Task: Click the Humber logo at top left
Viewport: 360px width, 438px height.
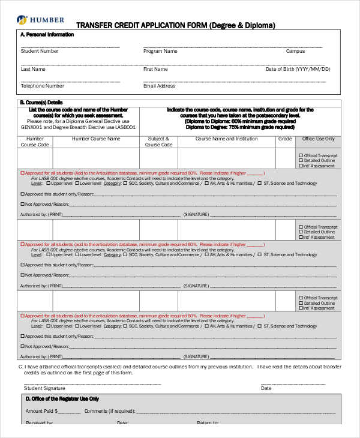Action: pos(41,19)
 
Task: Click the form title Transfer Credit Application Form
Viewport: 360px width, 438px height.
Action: pos(176,26)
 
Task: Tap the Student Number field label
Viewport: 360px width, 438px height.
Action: pos(40,52)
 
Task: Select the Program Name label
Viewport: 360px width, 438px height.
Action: pos(160,52)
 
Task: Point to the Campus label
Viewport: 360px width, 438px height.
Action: pos(295,52)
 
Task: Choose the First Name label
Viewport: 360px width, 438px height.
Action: pos(155,69)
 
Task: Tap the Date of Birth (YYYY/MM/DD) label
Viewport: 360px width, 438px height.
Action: pos(298,69)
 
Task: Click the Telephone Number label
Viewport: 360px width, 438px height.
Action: pos(42,86)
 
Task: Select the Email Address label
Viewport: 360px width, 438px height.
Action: pos(159,86)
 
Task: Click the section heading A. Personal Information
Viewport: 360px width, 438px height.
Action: pos(47,35)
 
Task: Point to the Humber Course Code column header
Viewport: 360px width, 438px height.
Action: pos(35,142)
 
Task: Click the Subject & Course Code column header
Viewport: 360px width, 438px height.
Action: pos(159,142)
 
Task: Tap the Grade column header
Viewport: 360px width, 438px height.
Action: pos(285,139)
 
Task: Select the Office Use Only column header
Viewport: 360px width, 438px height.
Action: pos(318,139)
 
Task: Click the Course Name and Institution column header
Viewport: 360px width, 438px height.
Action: pos(226,139)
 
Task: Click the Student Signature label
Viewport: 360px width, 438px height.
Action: pos(44,388)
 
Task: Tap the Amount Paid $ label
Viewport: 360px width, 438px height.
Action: pos(41,411)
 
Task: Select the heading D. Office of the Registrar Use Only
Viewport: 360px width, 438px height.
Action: pos(62,398)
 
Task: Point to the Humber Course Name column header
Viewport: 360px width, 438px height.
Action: pos(96,139)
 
